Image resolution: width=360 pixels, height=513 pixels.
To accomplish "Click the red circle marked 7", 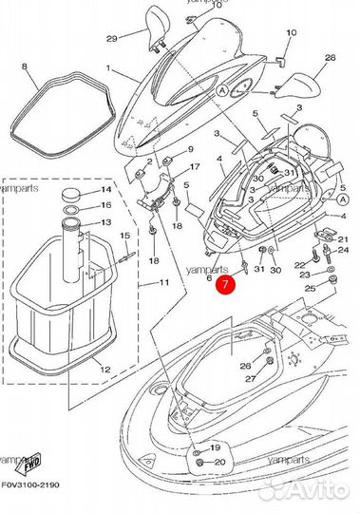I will click(x=224, y=282).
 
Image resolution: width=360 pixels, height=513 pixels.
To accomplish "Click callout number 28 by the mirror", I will click(x=331, y=57).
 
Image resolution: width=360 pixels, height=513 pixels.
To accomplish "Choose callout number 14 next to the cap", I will click(x=106, y=190).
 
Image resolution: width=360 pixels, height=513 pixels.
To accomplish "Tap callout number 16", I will click(x=106, y=204).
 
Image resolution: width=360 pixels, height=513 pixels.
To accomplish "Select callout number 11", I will click(x=164, y=282).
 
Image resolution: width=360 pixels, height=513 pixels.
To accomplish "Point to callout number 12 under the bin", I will click(x=105, y=368).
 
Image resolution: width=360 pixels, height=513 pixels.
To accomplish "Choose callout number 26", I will click(x=245, y=365).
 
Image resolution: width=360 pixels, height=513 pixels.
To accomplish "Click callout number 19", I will click(x=217, y=446).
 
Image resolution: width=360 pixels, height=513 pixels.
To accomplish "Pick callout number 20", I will click(x=218, y=463).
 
